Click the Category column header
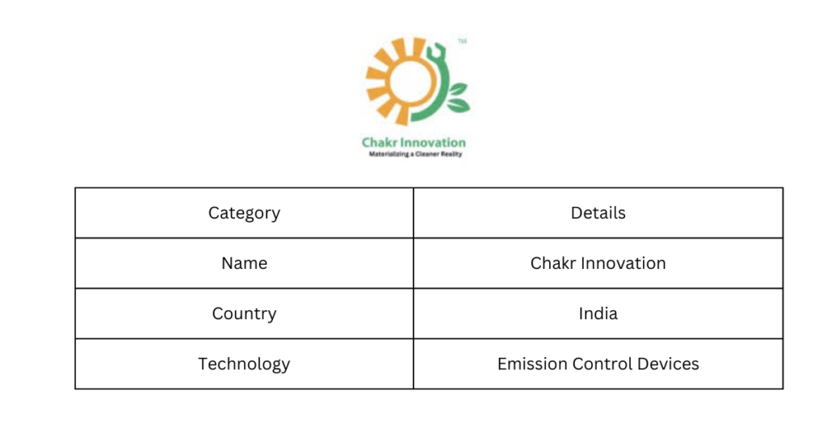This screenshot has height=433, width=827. tap(244, 213)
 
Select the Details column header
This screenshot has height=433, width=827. tap(598, 212)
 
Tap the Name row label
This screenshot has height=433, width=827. tap(244, 263)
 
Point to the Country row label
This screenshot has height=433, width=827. tap(244, 313)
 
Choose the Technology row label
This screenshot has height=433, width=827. tap(244, 364)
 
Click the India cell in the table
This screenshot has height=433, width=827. tap(598, 313)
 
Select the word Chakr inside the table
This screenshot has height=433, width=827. tap(553, 263)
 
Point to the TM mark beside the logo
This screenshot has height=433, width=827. tap(462, 41)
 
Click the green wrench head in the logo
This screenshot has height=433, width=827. tap(437, 51)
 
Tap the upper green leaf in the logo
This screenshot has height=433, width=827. tap(457, 89)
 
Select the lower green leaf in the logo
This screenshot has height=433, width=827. tap(459, 106)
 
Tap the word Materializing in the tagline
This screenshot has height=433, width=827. tap(388, 154)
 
